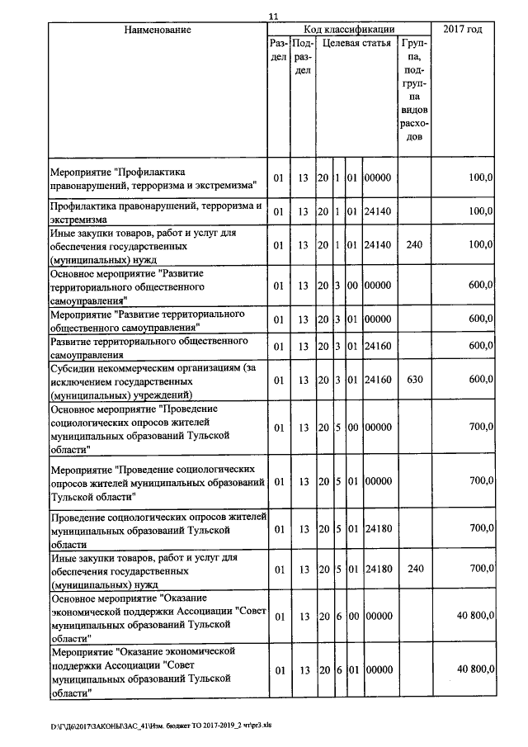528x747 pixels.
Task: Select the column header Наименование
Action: [x=158, y=30]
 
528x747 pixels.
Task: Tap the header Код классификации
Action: [x=349, y=30]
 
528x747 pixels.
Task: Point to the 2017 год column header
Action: [x=463, y=30]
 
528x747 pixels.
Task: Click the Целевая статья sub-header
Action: [x=356, y=43]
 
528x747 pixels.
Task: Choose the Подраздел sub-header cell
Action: [x=303, y=56]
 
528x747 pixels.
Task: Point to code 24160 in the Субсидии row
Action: [x=378, y=381]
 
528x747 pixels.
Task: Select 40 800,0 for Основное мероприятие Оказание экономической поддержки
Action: [x=475, y=615]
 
